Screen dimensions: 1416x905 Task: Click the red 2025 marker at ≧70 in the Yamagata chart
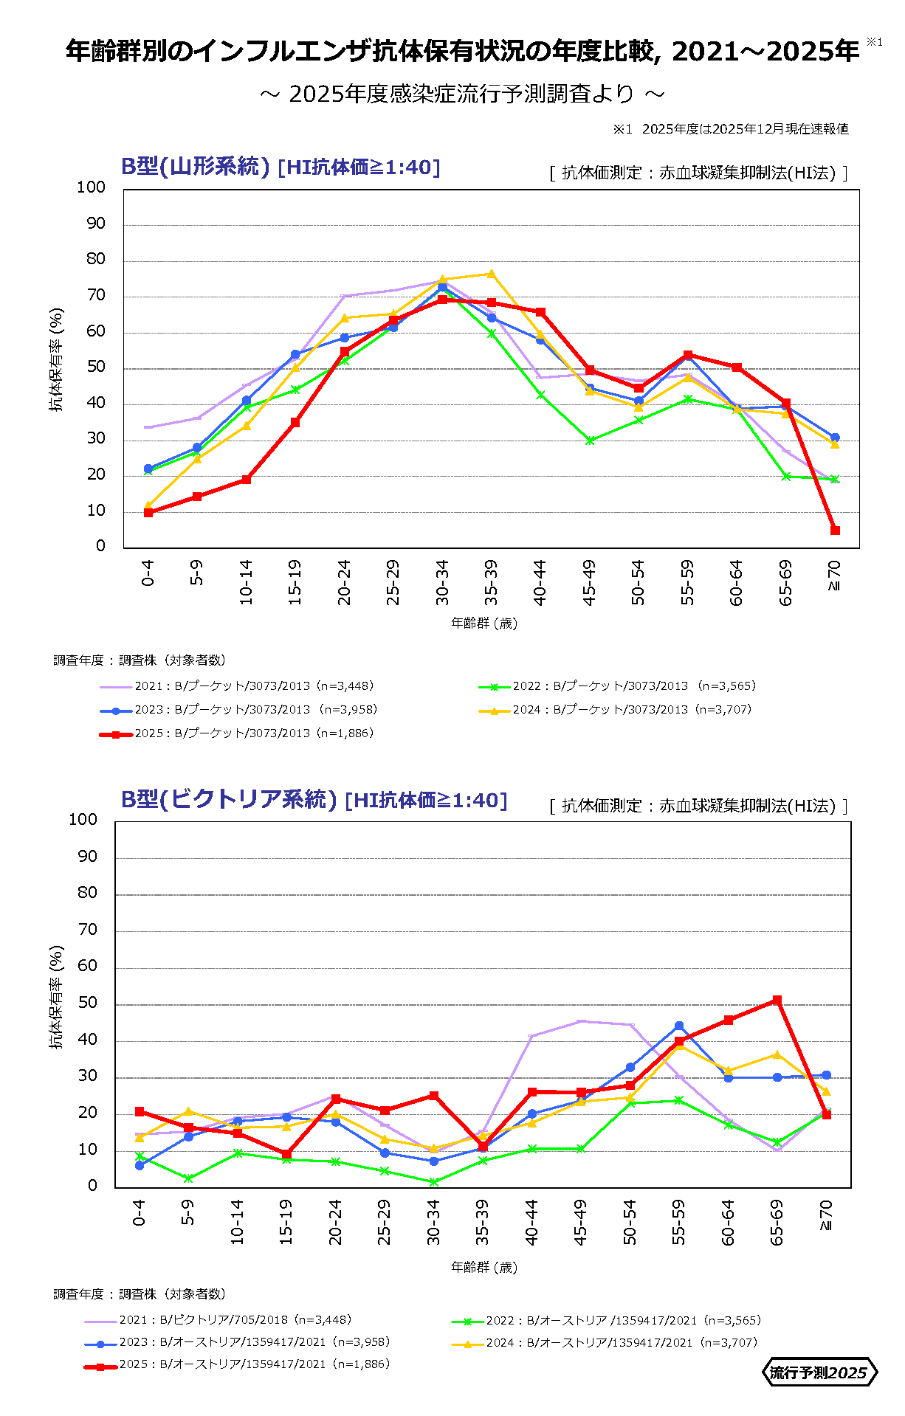835,531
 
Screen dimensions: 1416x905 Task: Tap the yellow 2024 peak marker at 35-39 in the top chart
491,274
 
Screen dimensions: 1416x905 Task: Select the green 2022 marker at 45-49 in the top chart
590,441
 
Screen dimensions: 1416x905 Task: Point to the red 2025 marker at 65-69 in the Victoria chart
777,1001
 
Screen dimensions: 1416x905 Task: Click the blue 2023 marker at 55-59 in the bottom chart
679,1026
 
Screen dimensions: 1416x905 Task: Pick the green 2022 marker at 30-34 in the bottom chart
434,1181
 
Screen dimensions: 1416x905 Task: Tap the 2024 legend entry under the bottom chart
605,1342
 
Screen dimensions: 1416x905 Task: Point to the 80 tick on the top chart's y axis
96,259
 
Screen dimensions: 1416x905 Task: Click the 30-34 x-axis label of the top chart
442,582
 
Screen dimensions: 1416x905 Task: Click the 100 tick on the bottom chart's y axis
83,820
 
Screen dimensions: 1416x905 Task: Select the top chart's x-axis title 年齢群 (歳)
484,624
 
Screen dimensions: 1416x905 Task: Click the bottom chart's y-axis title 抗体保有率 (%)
56,997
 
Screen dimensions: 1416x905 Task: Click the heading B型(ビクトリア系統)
229,800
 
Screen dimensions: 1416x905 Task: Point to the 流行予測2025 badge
819,1372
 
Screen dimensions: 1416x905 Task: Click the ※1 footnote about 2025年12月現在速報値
731,129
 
